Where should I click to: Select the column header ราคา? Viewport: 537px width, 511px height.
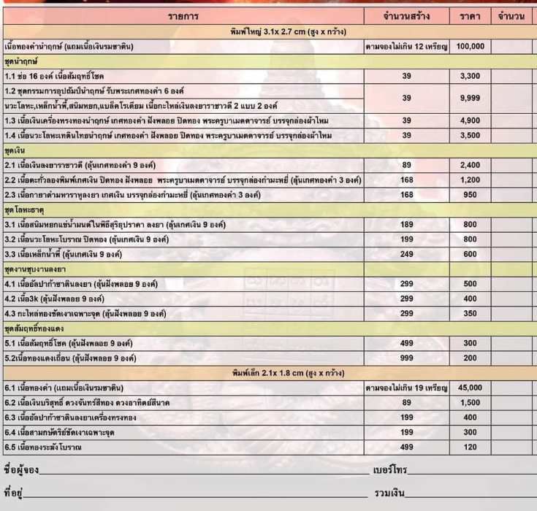(x=470, y=16)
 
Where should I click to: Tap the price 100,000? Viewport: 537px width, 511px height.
(x=470, y=46)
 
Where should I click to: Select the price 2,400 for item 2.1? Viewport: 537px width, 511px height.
(x=470, y=165)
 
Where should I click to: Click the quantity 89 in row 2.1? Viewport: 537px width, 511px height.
(x=407, y=165)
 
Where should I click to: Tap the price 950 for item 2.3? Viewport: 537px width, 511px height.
(x=470, y=195)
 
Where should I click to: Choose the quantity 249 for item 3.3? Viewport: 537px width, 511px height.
(x=407, y=254)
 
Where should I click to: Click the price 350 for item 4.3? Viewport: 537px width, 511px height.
(x=470, y=314)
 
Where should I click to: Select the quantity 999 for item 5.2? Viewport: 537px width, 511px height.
(x=407, y=358)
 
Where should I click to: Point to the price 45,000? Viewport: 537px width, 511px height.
(x=470, y=388)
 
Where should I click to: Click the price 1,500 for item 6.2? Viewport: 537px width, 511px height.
(x=470, y=402)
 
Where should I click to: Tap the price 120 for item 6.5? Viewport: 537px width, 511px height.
(x=470, y=447)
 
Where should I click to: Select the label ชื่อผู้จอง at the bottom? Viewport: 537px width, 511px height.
(x=21, y=469)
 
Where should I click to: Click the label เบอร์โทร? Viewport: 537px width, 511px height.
(x=389, y=469)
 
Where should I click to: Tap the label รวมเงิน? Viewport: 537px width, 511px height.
(x=389, y=494)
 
